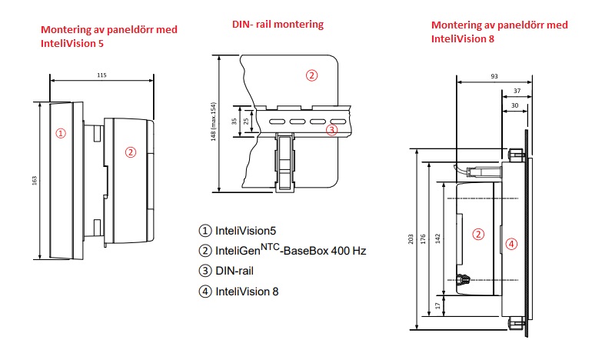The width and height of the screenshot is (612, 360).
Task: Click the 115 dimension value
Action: (x=101, y=75)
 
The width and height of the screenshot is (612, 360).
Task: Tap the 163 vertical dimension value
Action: (x=35, y=181)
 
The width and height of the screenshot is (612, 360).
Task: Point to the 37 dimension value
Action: (x=515, y=90)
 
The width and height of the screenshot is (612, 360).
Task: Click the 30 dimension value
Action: (x=514, y=105)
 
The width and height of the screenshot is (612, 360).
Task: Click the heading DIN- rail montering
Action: (x=278, y=24)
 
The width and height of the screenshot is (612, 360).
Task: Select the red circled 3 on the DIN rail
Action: (x=331, y=130)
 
